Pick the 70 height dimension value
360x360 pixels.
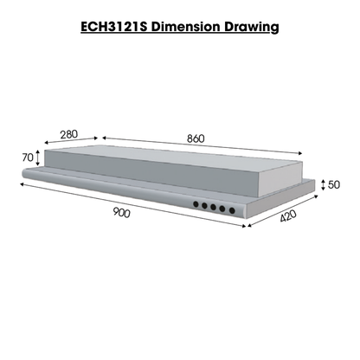pos(27,158)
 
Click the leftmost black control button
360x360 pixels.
pos(196,205)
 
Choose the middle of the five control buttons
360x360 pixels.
pos(214,208)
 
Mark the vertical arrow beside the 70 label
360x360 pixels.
pos(38,158)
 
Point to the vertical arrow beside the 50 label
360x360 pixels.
pos(324,185)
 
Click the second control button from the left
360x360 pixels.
pos(204,206)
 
